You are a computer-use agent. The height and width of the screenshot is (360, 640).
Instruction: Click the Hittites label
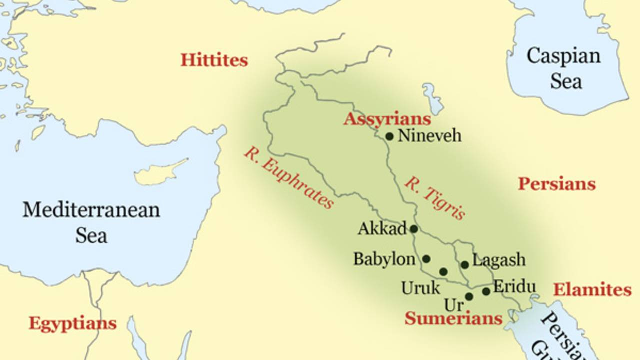point(214,60)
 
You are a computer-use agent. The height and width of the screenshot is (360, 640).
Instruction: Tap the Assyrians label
point(387,119)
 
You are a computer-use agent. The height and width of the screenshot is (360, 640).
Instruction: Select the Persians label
point(556,184)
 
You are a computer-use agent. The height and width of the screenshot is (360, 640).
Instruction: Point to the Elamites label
point(592,290)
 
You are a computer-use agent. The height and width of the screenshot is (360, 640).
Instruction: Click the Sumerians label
point(453,318)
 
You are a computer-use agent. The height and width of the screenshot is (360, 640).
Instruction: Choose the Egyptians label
point(72,323)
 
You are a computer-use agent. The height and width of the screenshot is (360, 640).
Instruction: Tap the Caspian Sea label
point(564,68)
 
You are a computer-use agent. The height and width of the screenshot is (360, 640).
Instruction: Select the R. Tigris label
point(435,198)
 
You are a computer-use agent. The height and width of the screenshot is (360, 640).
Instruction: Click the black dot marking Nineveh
point(389,136)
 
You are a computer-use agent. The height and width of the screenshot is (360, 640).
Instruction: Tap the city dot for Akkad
point(414,229)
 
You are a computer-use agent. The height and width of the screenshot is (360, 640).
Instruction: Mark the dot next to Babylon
point(426,259)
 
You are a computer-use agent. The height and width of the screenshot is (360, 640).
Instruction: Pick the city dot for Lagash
point(465,265)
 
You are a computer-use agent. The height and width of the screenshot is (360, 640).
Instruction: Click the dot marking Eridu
point(486,291)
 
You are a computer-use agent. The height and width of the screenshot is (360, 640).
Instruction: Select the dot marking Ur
point(469,296)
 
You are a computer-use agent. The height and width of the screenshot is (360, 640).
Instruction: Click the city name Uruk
point(420,288)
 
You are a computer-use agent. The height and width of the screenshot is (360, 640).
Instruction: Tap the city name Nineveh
point(429,135)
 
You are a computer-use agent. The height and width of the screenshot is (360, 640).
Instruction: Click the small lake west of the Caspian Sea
point(433,98)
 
